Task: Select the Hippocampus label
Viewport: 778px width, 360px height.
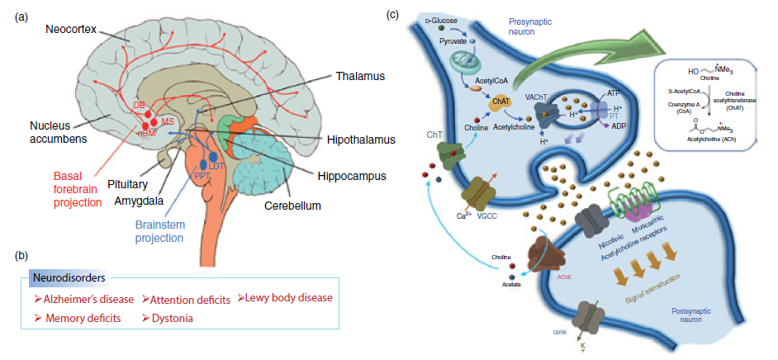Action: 352,175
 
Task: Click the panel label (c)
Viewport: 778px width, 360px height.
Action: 396,13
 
